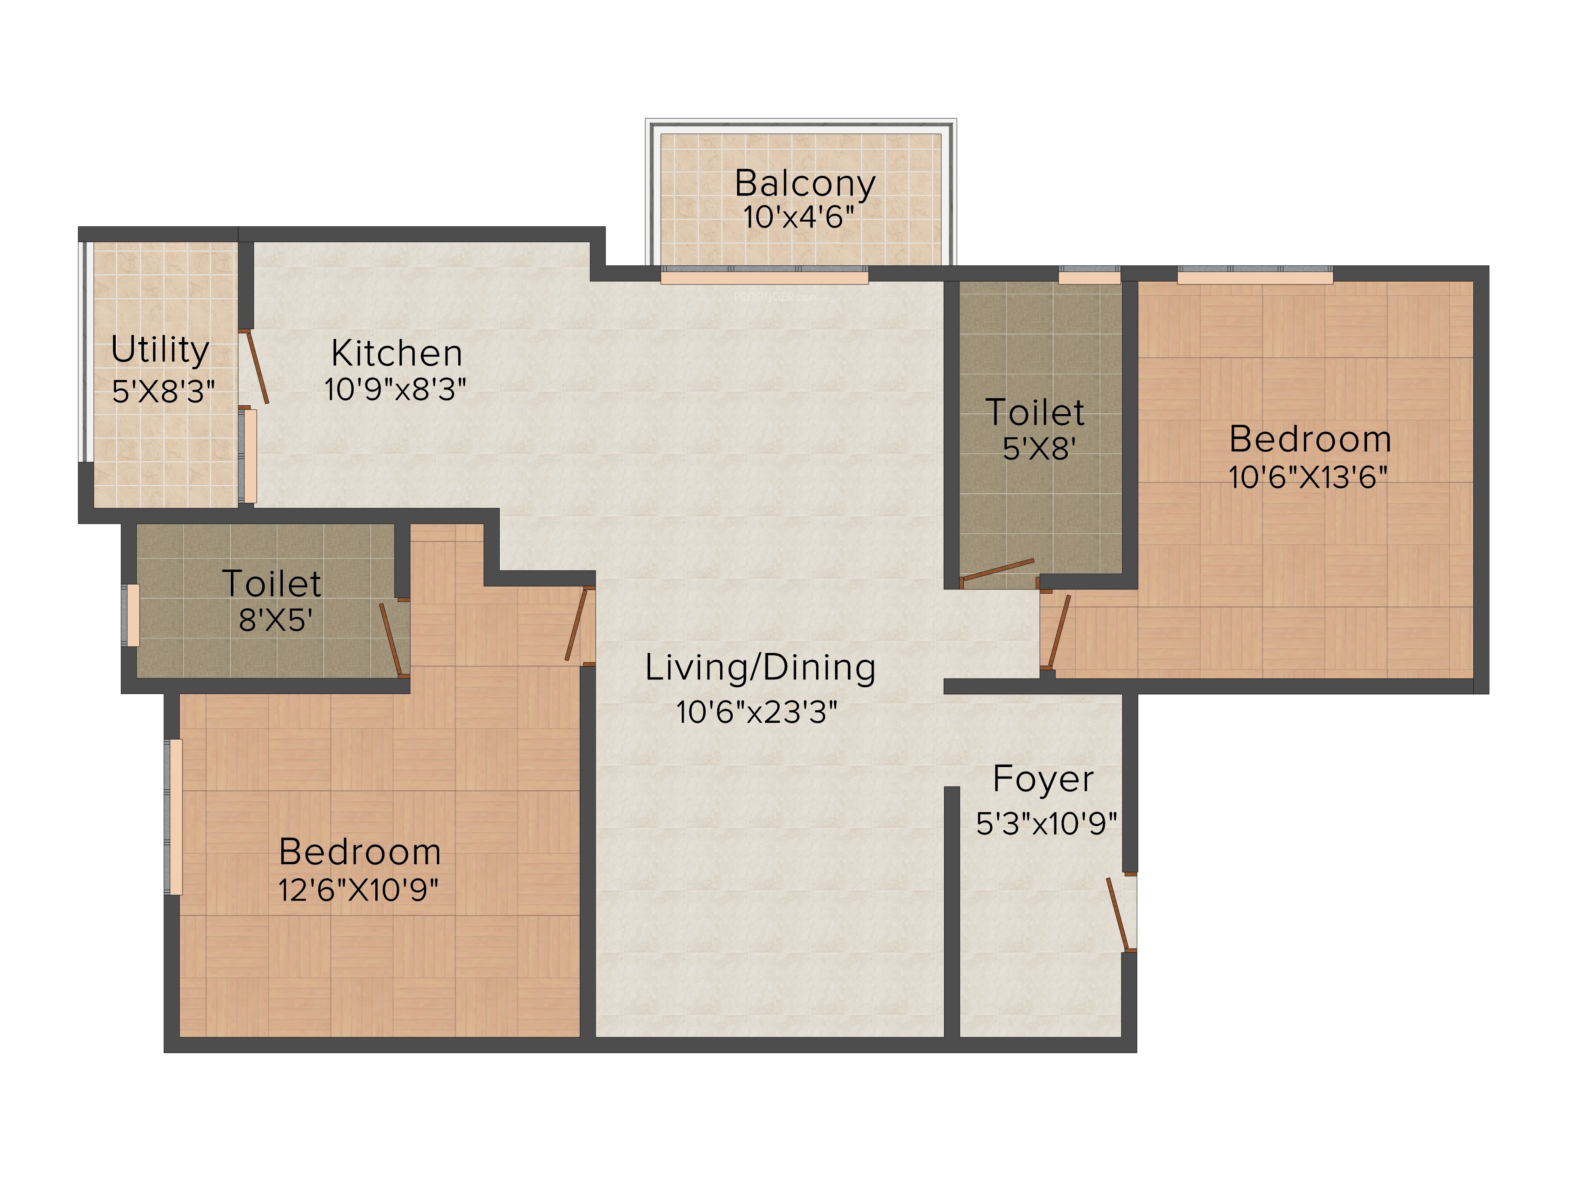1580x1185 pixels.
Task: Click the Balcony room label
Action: (x=805, y=184)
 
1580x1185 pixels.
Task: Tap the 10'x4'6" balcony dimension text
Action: (x=799, y=217)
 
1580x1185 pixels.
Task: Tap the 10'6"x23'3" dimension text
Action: (x=756, y=712)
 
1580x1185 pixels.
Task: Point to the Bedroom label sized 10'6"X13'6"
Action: (x=1310, y=438)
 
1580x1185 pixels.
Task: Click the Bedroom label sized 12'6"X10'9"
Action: (x=360, y=852)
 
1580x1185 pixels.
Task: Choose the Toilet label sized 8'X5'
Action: (x=271, y=583)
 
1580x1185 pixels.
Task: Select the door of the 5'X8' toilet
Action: (x=997, y=569)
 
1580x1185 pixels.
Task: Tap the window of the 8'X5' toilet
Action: (x=132, y=615)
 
